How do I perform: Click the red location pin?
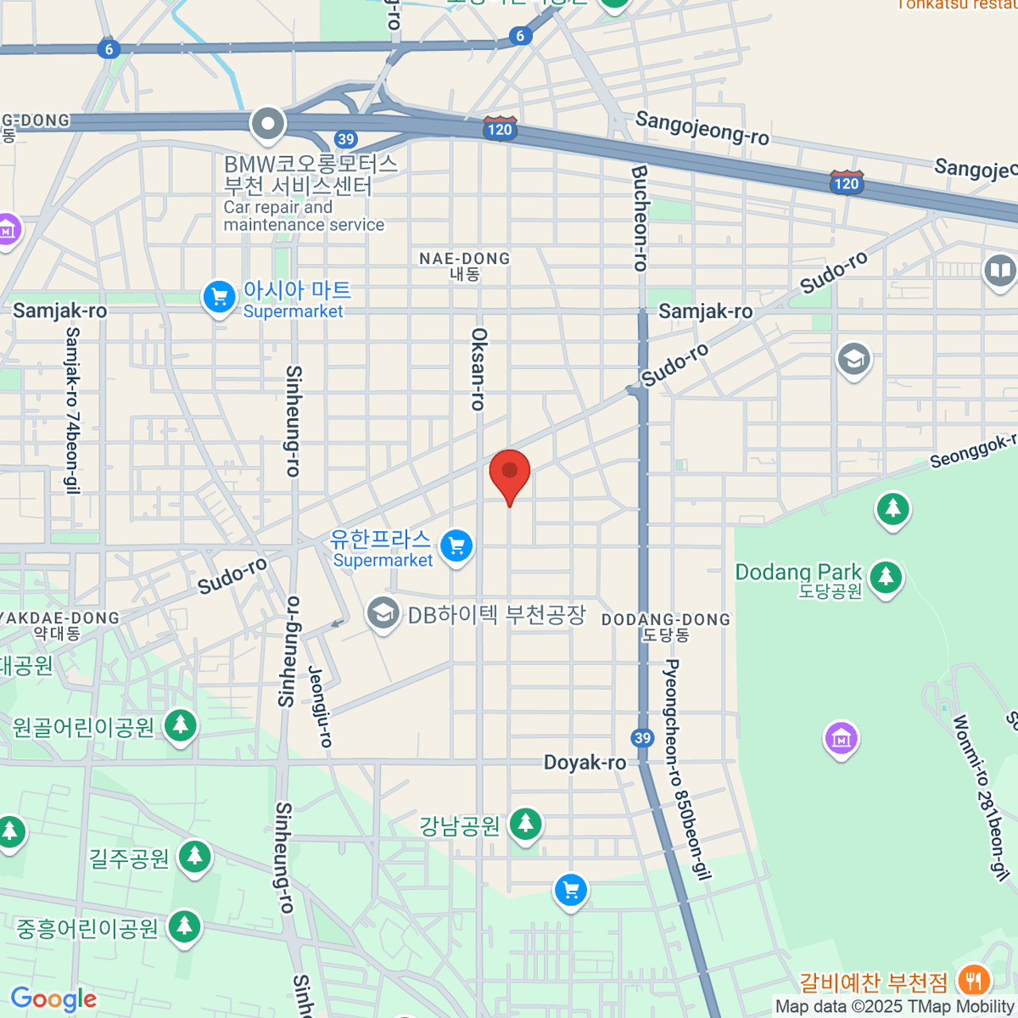click(x=510, y=473)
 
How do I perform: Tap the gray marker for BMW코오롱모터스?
click(x=268, y=125)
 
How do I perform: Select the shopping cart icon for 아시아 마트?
click(x=220, y=298)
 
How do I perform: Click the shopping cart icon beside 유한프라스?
click(x=456, y=546)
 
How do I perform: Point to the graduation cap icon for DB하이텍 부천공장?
click(x=383, y=614)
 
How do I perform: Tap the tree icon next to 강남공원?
click(x=526, y=825)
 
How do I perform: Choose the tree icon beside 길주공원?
click(x=195, y=858)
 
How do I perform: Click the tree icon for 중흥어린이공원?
click(x=183, y=927)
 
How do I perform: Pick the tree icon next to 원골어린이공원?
click(x=180, y=726)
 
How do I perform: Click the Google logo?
click(x=54, y=999)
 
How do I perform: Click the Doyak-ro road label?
click(x=585, y=763)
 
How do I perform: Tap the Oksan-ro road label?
click(x=479, y=369)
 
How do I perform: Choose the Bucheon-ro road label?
click(x=640, y=218)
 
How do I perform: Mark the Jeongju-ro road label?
click(x=320, y=706)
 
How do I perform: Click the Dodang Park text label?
click(x=798, y=573)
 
